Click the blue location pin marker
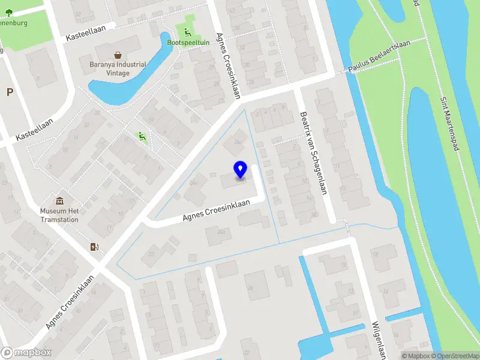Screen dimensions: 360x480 click(x=241, y=169)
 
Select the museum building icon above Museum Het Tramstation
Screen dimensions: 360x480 click(x=59, y=200)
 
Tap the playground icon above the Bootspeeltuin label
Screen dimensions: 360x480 click(x=187, y=32)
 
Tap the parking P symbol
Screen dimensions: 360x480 click(x=10, y=92)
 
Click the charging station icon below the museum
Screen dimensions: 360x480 click(x=94, y=247)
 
